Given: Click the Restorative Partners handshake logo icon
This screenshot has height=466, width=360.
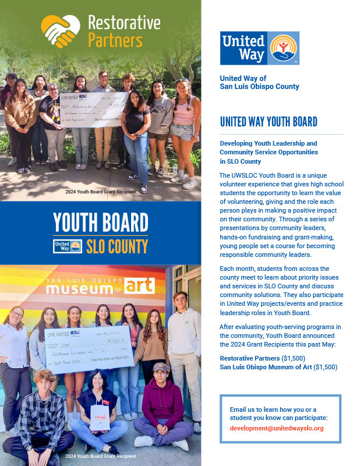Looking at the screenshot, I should [60, 31].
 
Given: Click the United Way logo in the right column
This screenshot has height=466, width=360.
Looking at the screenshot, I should [259, 48].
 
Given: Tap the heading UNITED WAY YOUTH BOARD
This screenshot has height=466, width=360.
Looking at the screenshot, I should [268, 122].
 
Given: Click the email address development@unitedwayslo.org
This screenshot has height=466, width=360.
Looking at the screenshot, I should [277, 428].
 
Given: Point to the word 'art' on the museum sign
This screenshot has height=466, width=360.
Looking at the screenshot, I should [140, 285].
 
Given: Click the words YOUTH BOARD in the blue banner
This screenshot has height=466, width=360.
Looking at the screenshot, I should [100, 223].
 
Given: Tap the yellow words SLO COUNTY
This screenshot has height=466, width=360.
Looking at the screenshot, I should [117, 246].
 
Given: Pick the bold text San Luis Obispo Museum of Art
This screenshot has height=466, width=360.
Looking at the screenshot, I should [265, 366].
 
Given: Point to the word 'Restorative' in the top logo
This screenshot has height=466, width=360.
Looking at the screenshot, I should [123, 23].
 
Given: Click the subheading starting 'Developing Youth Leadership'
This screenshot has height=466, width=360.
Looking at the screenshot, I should [269, 152].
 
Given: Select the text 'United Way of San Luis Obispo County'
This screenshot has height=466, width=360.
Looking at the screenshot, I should [259, 82].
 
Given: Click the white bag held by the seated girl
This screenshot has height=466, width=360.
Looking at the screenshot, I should [100, 418].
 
